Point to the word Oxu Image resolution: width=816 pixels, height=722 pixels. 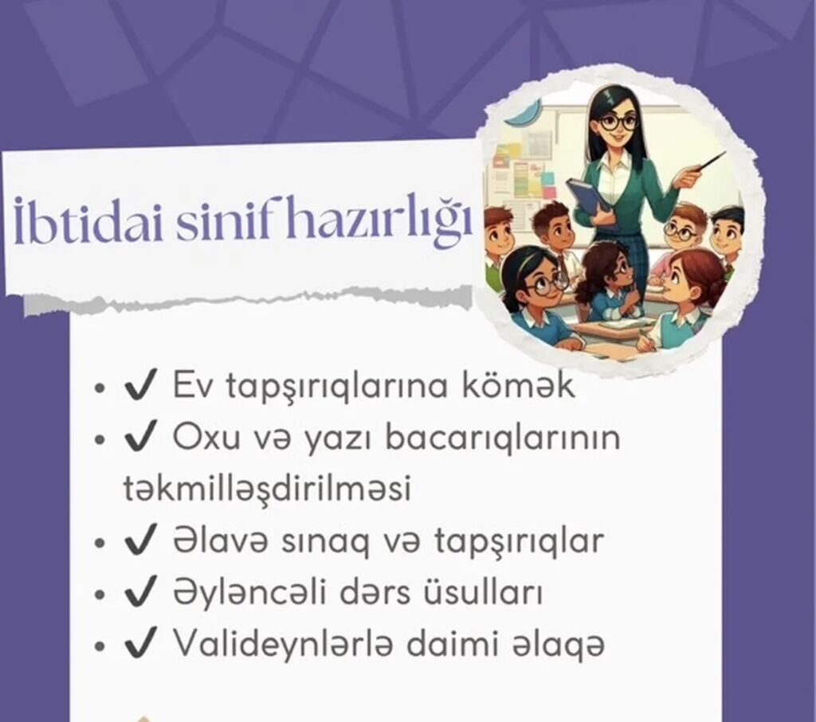tap(206, 437)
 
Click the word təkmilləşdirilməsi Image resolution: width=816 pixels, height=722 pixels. tap(268, 489)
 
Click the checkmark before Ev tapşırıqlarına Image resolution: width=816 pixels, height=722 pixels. tap(140, 386)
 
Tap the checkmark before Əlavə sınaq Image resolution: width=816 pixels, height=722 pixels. tap(140, 541)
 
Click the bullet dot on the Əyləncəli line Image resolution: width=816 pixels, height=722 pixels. tap(100, 595)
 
